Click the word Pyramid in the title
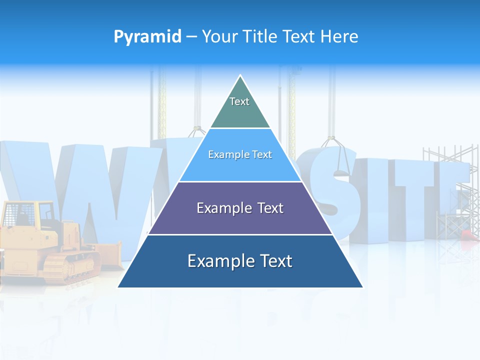coord(147,36)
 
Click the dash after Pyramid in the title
coord(191,37)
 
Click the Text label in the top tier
coord(239,101)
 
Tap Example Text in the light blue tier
coord(240,154)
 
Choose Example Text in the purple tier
coord(240,208)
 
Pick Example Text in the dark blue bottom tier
coord(240,261)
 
